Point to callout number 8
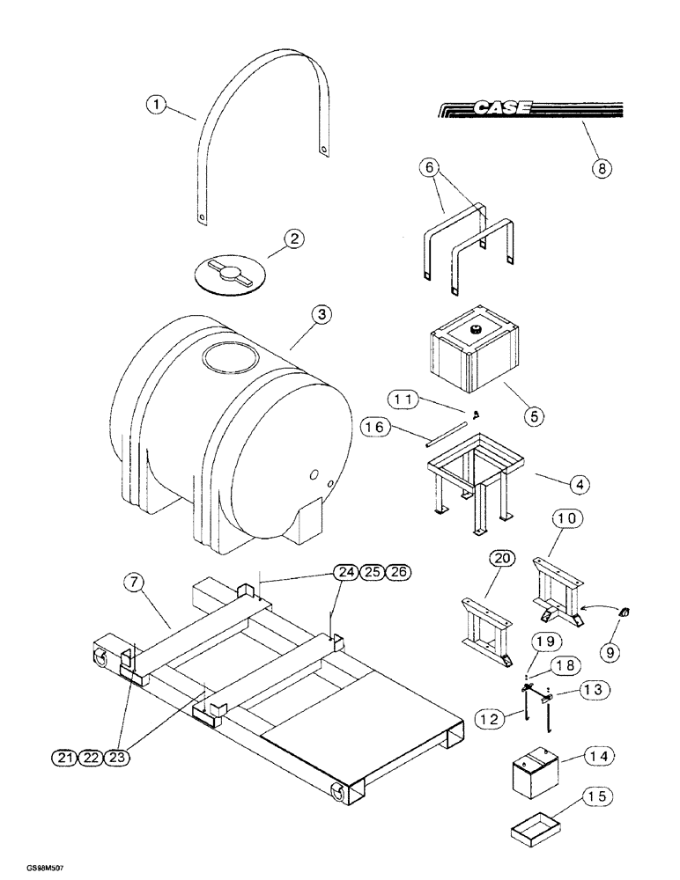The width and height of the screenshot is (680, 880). tap(601, 168)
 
